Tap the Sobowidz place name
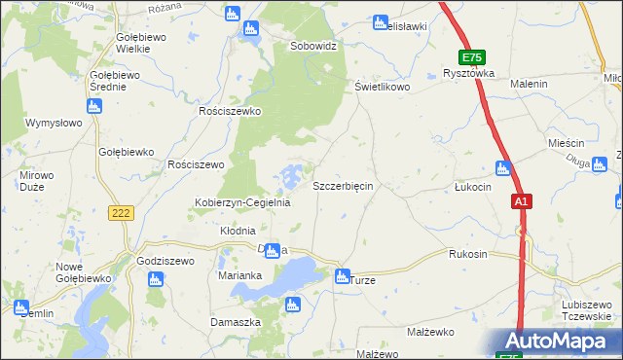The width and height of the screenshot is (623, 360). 313,46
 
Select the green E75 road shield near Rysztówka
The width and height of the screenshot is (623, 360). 473,58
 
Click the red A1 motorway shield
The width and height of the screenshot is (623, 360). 522,201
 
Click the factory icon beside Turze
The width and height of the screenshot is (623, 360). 342,276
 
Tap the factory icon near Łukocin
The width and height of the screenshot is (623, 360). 503,168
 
